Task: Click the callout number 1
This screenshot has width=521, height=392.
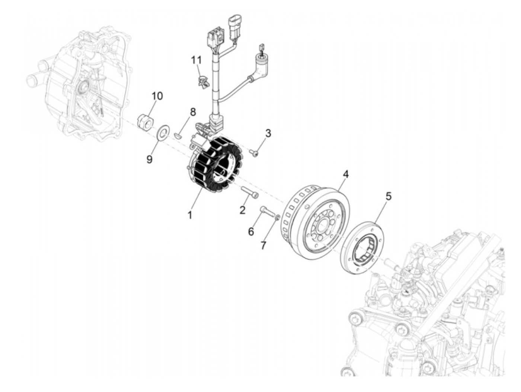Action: (x=190, y=215)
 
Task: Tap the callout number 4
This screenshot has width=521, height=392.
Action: (x=346, y=174)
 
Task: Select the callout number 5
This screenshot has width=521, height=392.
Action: (x=388, y=196)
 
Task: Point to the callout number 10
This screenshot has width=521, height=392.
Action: (x=157, y=96)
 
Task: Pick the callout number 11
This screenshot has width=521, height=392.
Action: (x=196, y=60)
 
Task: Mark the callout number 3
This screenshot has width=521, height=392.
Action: (x=268, y=133)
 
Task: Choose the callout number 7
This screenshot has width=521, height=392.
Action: (x=263, y=246)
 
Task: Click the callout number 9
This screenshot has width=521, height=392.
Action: (x=149, y=159)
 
